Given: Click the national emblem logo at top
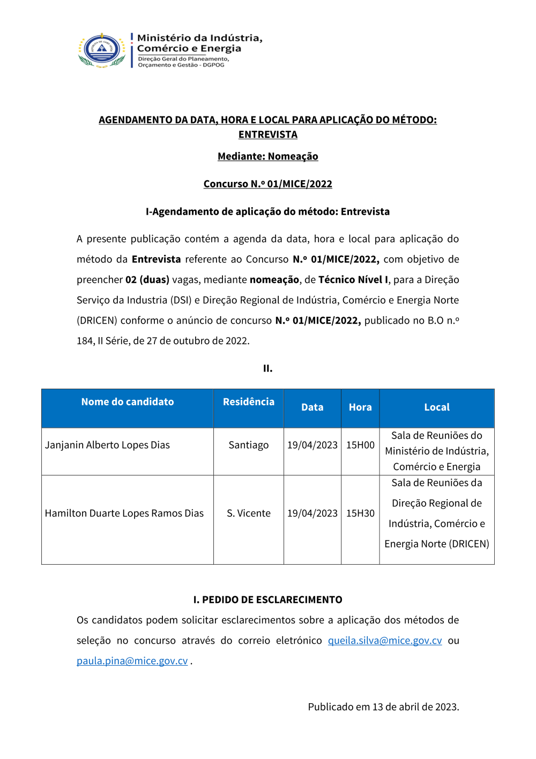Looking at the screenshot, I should point(102,49).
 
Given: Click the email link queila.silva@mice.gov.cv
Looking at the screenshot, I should point(385,640).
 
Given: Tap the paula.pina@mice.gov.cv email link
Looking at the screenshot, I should point(132,661).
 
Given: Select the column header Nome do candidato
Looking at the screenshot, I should point(128,402).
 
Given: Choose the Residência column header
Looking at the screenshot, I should point(249,402).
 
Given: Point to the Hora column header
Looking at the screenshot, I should point(360,407).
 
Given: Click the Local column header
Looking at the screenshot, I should point(437,407).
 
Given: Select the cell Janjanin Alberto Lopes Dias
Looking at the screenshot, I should point(107,445).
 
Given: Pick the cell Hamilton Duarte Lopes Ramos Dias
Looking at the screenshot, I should point(124,513).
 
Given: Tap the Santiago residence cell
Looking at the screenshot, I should point(249,445).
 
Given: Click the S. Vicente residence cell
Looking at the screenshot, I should point(249,513).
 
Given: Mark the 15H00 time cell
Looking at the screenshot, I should point(360,445).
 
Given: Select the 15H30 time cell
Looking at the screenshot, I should point(360,513).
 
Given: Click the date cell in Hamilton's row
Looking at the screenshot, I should point(312,513).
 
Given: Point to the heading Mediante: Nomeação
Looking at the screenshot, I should point(268,156).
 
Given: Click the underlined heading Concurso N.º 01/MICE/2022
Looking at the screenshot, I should point(268,184).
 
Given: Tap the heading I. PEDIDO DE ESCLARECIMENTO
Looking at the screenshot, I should point(268,600).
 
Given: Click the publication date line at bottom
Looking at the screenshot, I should point(383,706).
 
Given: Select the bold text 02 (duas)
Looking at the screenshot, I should point(147,280).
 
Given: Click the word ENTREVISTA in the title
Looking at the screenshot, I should point(268,134).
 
